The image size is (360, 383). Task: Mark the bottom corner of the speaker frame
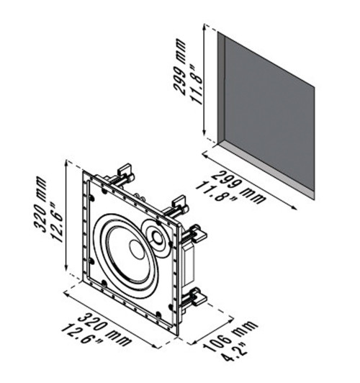[173, 333]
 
